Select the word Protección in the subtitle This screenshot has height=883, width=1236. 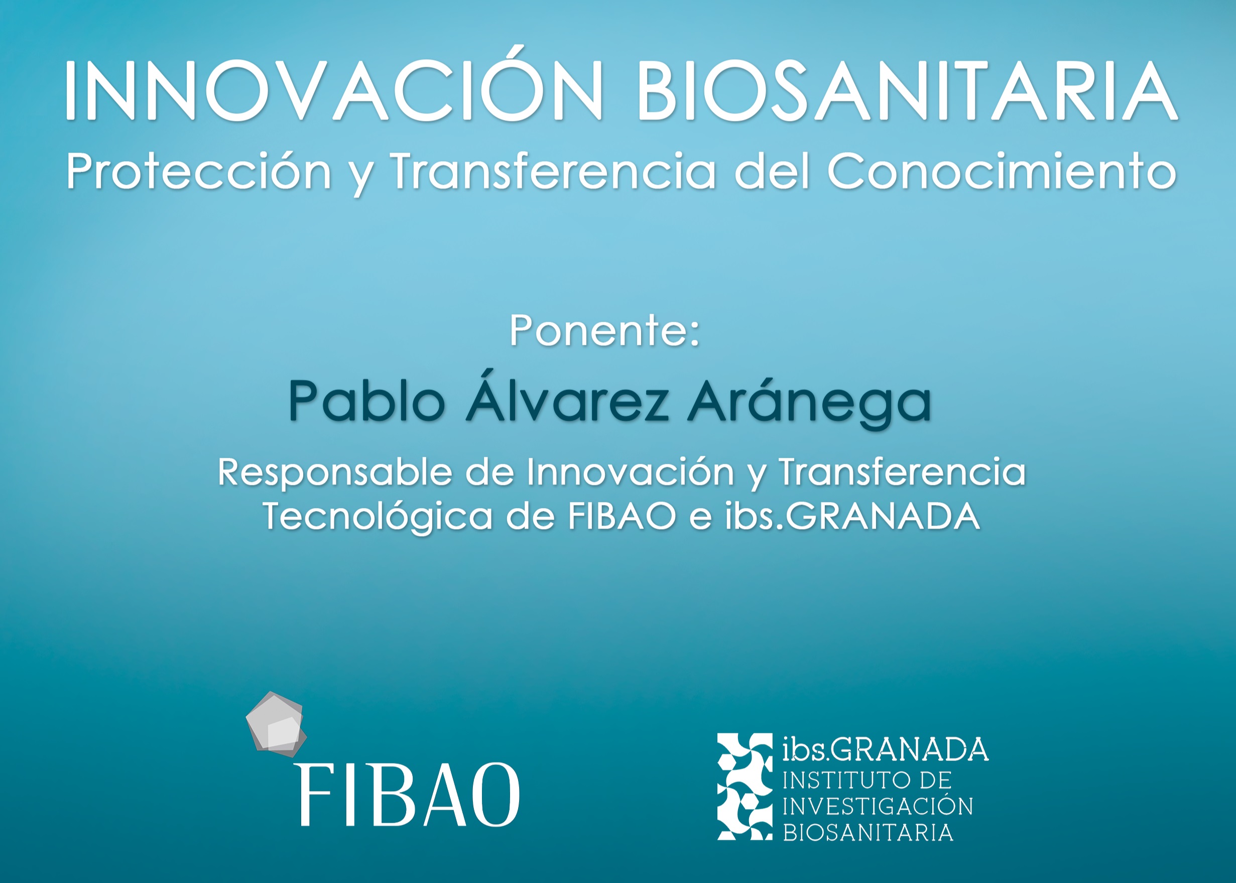click(198, 171)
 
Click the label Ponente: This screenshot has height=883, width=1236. click(604, 330)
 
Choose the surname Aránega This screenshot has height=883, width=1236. click(810, 401)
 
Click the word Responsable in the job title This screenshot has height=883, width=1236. click(334, 472)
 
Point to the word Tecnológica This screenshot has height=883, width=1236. click(378, 517)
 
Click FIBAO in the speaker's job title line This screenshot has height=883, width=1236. click(622, 516)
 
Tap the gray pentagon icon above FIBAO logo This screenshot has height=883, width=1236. click(276, 724)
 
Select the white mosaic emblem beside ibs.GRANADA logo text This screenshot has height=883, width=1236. click(745, 786)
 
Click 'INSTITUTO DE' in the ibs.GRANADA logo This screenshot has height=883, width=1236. click(867, 781)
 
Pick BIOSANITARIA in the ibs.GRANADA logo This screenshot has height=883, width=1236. click(868, 832)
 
